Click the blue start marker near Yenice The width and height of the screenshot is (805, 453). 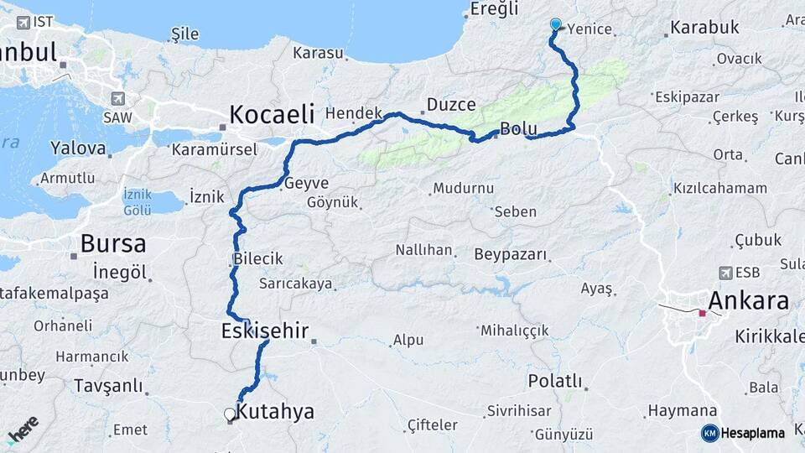coord(555,24)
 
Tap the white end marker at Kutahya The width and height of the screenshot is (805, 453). coord(229,414)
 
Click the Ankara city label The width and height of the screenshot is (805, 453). coord(748,300)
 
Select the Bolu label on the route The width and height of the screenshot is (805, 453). coord(517,129)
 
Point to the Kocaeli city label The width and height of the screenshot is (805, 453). coord(272,114)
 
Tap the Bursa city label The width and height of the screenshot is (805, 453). coord(113,244)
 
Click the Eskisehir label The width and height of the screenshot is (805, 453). coord(265,330)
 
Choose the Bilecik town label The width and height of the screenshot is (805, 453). coord(258,259)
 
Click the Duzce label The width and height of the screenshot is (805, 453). coord(451,105)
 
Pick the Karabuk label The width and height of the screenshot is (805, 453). coord(704,28)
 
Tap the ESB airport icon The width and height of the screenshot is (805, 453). coord(725,273)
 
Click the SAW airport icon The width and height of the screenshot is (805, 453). coord(117,98)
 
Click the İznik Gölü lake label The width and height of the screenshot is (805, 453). coord(138,201)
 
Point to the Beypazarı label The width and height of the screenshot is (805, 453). coord(510,253)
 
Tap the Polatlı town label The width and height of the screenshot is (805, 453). coord(554,381)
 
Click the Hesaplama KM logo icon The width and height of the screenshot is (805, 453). coord(709,433)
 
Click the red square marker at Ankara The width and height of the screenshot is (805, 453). coord(703,314)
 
